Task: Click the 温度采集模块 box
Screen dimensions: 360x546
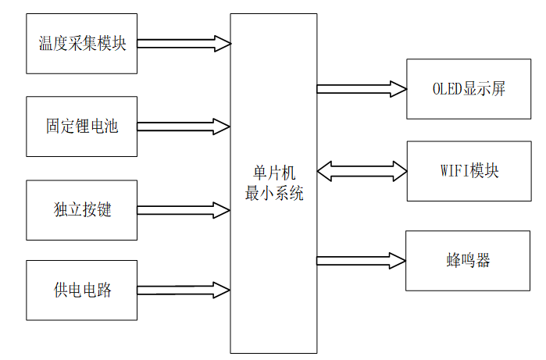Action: [x=81, y=43]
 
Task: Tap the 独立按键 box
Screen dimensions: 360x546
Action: [x=81, y=210]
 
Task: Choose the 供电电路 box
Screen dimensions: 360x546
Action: [x=81, y=290]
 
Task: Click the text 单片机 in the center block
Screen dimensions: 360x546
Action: [x=273, y=173]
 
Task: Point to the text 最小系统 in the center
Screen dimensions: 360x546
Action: [x=273, y=194]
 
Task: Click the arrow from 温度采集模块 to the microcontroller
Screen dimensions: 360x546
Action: [x=184, y=44]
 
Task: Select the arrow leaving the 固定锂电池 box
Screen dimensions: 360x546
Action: [x=184, y=127]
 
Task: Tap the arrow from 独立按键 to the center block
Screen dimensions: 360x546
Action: [x=184, y=210]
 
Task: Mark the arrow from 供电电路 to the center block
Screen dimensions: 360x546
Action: [x=184, y=290]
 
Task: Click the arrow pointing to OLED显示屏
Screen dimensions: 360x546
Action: [x=361, y=88]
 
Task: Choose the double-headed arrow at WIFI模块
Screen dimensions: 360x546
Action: [x=362, y=171]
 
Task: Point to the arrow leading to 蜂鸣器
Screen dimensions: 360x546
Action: [x=361, y=260]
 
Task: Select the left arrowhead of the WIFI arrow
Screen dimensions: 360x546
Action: [x=325, y=171]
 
